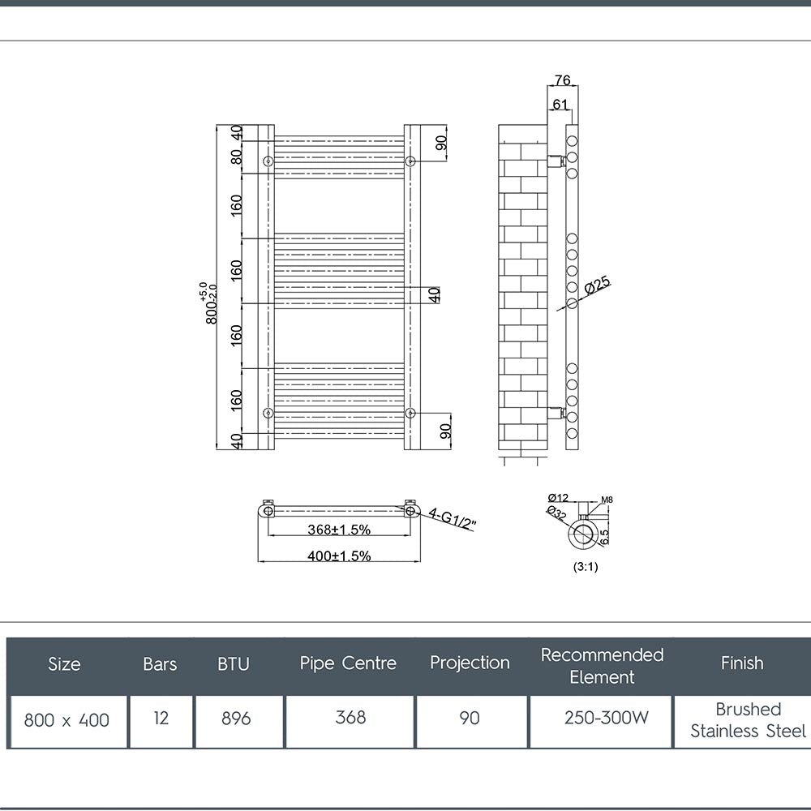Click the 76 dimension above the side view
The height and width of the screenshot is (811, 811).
click(x=562, y=80)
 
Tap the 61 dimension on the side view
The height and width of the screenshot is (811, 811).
click(x=560, y=105)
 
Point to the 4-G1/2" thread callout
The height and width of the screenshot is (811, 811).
click(x=452, y=519)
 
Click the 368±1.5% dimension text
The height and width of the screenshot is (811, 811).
click(x=339, y=530)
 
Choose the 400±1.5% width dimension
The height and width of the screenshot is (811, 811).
click(x=339, y=556)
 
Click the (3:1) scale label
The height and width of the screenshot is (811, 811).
click(x=585, y=567)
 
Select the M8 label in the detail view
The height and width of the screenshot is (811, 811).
click(x=607, y=500)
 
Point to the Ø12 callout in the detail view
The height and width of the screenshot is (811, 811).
click(x=558, y=498)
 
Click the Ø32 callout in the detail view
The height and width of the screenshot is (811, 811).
click(x=556, y=513)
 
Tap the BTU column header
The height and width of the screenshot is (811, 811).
click(x=234, y=664)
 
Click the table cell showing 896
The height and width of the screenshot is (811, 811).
click(x=236, y=719)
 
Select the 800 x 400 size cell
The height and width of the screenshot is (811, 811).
click(x=67, y=720)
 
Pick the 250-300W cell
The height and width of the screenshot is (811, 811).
click(x=606, y=718)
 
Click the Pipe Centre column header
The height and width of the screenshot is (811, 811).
click(x=348, y=663)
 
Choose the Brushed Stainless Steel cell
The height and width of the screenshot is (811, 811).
click(x=748, y=720)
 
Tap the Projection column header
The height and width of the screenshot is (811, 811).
click(x=470, y=663)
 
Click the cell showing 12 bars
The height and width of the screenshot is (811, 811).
click(x=161, y=718)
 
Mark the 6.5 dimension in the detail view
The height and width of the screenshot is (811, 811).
click(x=605, y=536)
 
